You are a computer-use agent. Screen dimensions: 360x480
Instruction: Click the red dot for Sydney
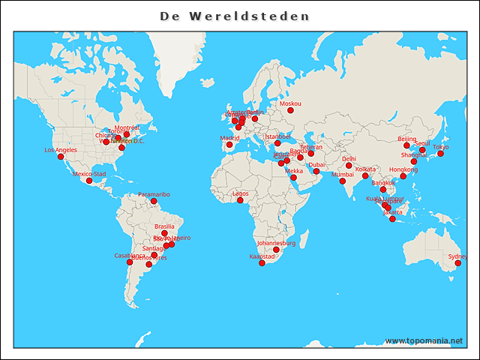pos(457,263)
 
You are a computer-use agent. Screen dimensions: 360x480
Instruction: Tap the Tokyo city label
pos(441,147)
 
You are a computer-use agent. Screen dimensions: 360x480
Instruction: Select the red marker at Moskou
pos(290,110)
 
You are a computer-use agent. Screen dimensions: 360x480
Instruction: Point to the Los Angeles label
pos(61,150)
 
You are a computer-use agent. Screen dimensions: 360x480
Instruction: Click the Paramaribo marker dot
pos(154,201)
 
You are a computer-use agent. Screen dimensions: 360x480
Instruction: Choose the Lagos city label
pos(240,193)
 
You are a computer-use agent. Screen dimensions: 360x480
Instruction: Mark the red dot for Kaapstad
pos(262,263)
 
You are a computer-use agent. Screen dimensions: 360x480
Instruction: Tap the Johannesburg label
pos(277,243)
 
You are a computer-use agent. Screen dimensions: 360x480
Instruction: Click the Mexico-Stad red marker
pos(89,181)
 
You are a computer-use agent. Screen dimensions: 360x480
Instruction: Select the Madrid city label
pos(229,138)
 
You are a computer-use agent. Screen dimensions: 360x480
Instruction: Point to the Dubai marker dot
pos(316,172)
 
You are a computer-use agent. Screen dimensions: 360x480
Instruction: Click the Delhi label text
pos(349,159)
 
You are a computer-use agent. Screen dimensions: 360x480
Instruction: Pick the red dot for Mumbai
pos(343,181)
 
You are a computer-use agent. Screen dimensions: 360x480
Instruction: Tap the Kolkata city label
pos(365,169)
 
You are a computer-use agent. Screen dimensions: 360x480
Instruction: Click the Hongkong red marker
pos(403,176)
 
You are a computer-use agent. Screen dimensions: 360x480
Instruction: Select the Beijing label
pos(406,139)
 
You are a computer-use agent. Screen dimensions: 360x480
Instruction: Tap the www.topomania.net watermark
pos(424,341)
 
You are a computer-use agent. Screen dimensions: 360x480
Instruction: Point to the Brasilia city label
pos(164,226)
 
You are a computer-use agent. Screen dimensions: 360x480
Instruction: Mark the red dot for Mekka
pos(294,178)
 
